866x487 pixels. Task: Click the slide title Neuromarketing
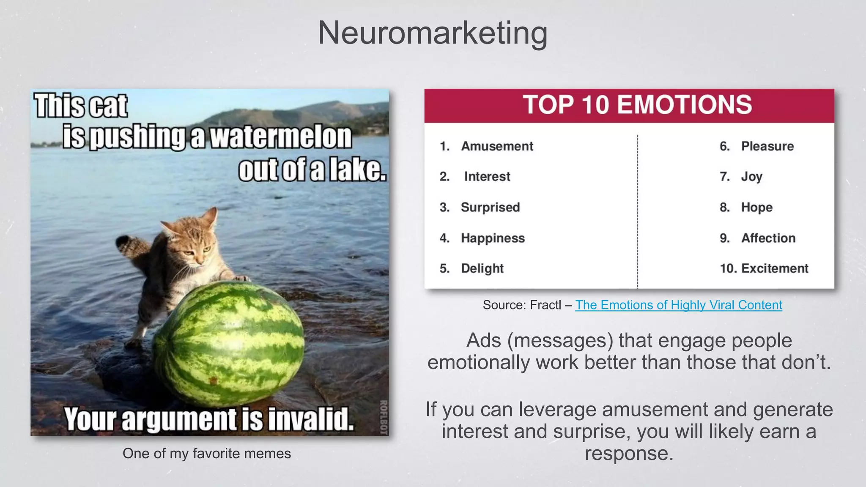coord(433,33)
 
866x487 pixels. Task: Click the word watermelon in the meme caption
coord(280,137)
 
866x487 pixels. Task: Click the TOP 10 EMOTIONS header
coord(637,105)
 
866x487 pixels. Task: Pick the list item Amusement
coord(497,146)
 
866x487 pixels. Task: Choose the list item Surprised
coord(490,207)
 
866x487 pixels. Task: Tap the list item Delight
coord(482,268)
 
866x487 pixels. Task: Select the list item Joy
coord(751,176)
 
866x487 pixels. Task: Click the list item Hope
coord(756,207)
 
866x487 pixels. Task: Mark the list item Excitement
coord(774,268)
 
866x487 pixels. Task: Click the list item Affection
coord(768,238)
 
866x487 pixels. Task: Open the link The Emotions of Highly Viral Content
coord(678,305)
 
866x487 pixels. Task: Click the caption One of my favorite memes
coord(207,453)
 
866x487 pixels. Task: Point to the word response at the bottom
coord(629,454)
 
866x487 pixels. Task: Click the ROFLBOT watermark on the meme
coord(384,417)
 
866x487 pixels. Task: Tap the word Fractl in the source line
coord(545,305)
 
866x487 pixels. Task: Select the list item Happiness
coord(493,238)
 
